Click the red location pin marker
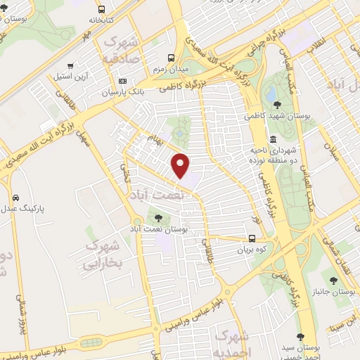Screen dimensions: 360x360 click(x=181, y=165)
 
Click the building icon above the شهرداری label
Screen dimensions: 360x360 click(x=273, y=139)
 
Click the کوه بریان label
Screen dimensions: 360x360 click(x=252, y=249)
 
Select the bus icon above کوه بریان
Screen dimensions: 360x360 click(x=253, y=236)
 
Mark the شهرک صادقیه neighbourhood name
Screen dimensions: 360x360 click(x=121, y=50)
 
